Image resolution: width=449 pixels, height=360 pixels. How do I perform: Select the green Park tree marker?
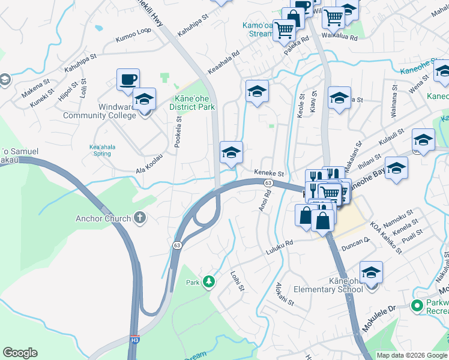click(209, 281)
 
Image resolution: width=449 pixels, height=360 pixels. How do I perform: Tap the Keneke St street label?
click(268, 173)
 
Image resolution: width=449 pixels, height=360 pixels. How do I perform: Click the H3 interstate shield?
click(134, 340)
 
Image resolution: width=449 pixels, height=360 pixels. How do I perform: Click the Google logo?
click(20, 353)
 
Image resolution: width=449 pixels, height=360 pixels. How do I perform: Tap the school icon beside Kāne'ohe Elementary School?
click(371, 273)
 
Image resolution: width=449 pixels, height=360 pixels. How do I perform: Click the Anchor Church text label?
click(103, 218)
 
